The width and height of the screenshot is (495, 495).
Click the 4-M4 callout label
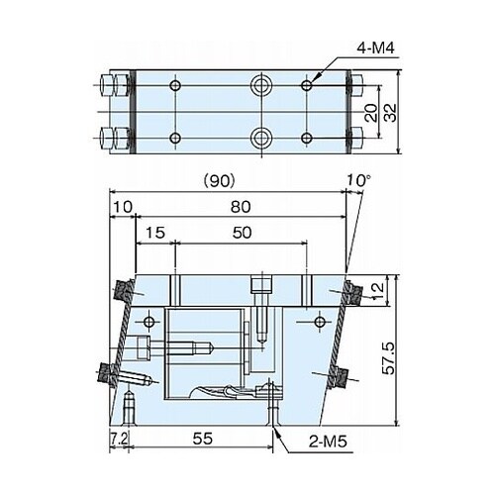pyautogui.click(x=376, y=49)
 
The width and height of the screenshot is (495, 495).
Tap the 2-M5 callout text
pyautogui.click(x=328, y=441)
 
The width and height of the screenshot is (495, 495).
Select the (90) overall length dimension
pyautogui.click(x=219, y=181)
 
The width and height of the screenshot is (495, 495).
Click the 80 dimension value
pyautogui.click(x=241, y=207)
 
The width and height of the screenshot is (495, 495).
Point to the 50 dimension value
pyautogui.click(x=242, y=233)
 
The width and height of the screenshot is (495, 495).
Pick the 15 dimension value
pyautogui.click(x=155, y=233)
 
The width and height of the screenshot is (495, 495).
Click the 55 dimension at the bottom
pyautogui.click(x=203, y=439)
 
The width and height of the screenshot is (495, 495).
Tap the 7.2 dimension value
pyautogui.click(x=119, y=439)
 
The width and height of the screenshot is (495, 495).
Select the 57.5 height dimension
pyautogui.click(x=388, y=358)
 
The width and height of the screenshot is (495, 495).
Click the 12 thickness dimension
pyautogui.click(x=378, y=291)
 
